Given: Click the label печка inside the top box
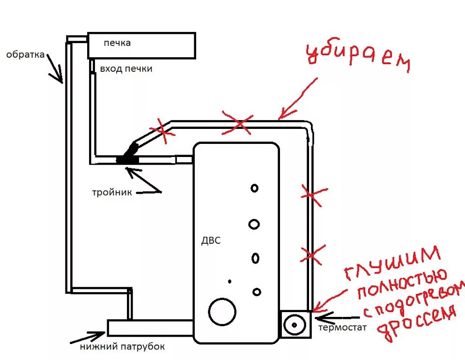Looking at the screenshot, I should click(117, 43).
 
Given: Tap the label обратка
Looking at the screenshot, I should click(25, 54).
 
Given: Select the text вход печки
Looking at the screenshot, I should click(126, 69).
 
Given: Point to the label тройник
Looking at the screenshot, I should click(112, 192).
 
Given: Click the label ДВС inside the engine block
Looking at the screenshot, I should click(211, 241).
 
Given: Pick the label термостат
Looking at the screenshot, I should click(342, 328).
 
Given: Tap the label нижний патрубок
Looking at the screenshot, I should click(123, 347).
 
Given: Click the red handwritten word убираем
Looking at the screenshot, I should click(358, 58).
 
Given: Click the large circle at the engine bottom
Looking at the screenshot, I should click(222, 312).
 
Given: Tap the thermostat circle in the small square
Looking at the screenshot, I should click(294, 324).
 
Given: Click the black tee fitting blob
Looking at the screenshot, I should click(128, 157).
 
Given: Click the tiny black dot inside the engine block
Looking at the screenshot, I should click(230, 282).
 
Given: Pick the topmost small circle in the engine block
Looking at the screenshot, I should click(254, 188).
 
